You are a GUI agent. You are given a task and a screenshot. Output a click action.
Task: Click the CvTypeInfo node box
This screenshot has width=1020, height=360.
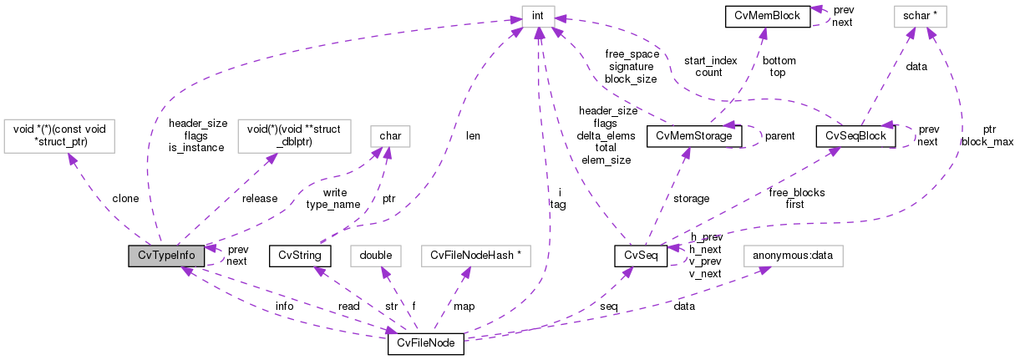point(166,256)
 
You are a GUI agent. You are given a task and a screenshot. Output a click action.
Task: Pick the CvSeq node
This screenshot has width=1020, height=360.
point(640,256)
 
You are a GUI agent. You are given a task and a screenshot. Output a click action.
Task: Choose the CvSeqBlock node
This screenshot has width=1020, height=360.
point(856,135)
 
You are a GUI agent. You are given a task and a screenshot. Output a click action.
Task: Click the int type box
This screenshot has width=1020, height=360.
point(535,15)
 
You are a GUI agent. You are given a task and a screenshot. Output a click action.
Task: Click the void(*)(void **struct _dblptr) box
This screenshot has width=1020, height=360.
point(293,135)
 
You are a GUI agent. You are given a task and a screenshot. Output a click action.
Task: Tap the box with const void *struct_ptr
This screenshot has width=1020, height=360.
point(60,135)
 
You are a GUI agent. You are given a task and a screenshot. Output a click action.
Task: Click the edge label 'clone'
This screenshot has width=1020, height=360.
point(125,199)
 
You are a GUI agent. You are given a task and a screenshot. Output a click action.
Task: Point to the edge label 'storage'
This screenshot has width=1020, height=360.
point(691,199)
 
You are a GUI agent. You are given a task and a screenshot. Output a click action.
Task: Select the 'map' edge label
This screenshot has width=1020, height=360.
point(464,307)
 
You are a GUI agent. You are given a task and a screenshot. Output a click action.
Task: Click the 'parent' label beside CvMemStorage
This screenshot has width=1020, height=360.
point(779,135)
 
